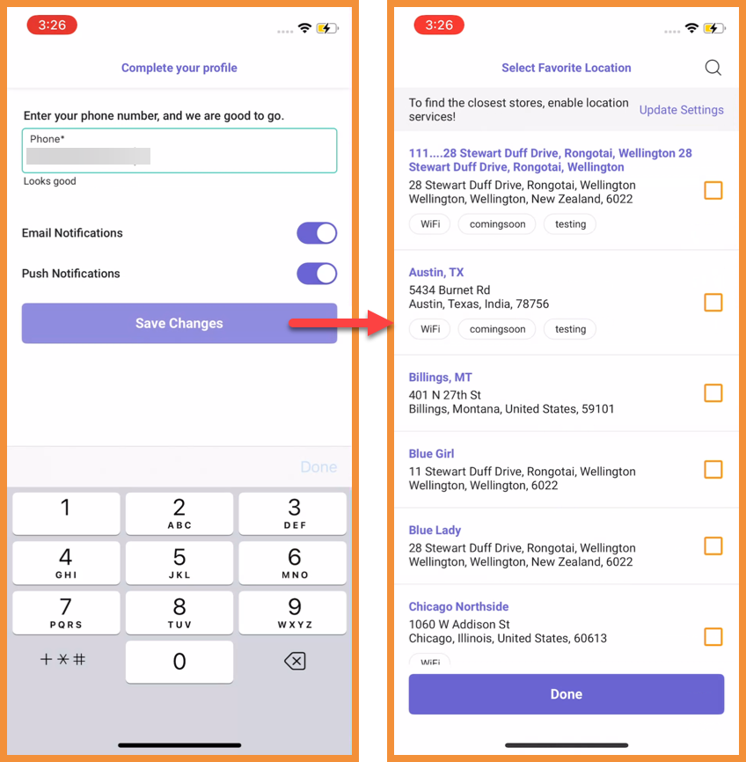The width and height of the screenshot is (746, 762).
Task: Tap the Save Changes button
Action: [x=179, y=323]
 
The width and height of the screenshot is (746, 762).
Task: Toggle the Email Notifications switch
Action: [x=317, y=233]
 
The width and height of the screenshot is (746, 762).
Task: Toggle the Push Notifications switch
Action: [x=317, y=274]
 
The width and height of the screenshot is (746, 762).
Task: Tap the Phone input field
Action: [x=179, y=150]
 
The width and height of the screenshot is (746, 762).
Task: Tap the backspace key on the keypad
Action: [x=295, y=661]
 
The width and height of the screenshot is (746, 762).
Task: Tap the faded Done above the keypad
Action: [x=318, y=467]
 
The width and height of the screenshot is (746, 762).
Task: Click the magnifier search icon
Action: [x=713, y=68]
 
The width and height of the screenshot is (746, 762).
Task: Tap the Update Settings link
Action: [x=682, y=110]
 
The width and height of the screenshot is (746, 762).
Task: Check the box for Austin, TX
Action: [x=713, y=303]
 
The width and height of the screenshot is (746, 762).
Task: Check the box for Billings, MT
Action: [x=713, y=392]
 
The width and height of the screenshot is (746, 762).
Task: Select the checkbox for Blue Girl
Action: [x=713, y=470]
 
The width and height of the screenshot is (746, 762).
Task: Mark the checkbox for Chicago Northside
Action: [x=713, y=637]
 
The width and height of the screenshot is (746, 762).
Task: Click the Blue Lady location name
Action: [x=435, y=531]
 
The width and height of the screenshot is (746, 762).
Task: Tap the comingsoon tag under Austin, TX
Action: [x=497, y=329]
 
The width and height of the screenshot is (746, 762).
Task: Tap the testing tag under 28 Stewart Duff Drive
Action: [x=570, y=224]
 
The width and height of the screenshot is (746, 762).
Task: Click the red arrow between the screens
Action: [x=340, y=323]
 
